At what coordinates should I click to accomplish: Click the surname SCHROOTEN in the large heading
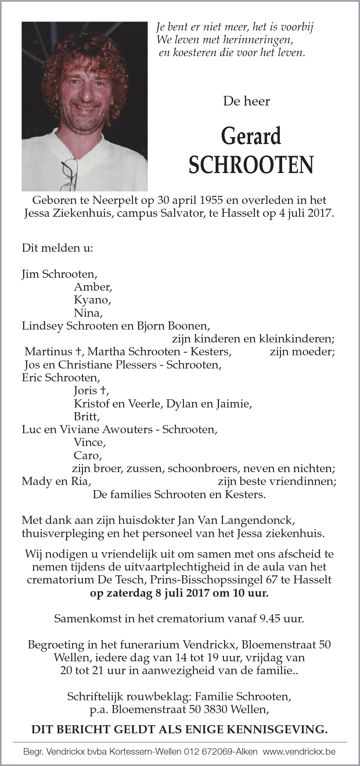[251, 165]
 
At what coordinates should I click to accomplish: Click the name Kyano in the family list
[92, 300]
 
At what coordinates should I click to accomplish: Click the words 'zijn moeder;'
[302, 352]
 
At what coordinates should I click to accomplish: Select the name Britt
[87, 417]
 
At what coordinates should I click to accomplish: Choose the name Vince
[90, 442]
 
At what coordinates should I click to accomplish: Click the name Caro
[87, 456]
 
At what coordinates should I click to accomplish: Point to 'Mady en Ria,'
[56, 481]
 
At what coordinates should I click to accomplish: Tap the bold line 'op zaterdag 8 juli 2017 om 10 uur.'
[179, 593]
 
